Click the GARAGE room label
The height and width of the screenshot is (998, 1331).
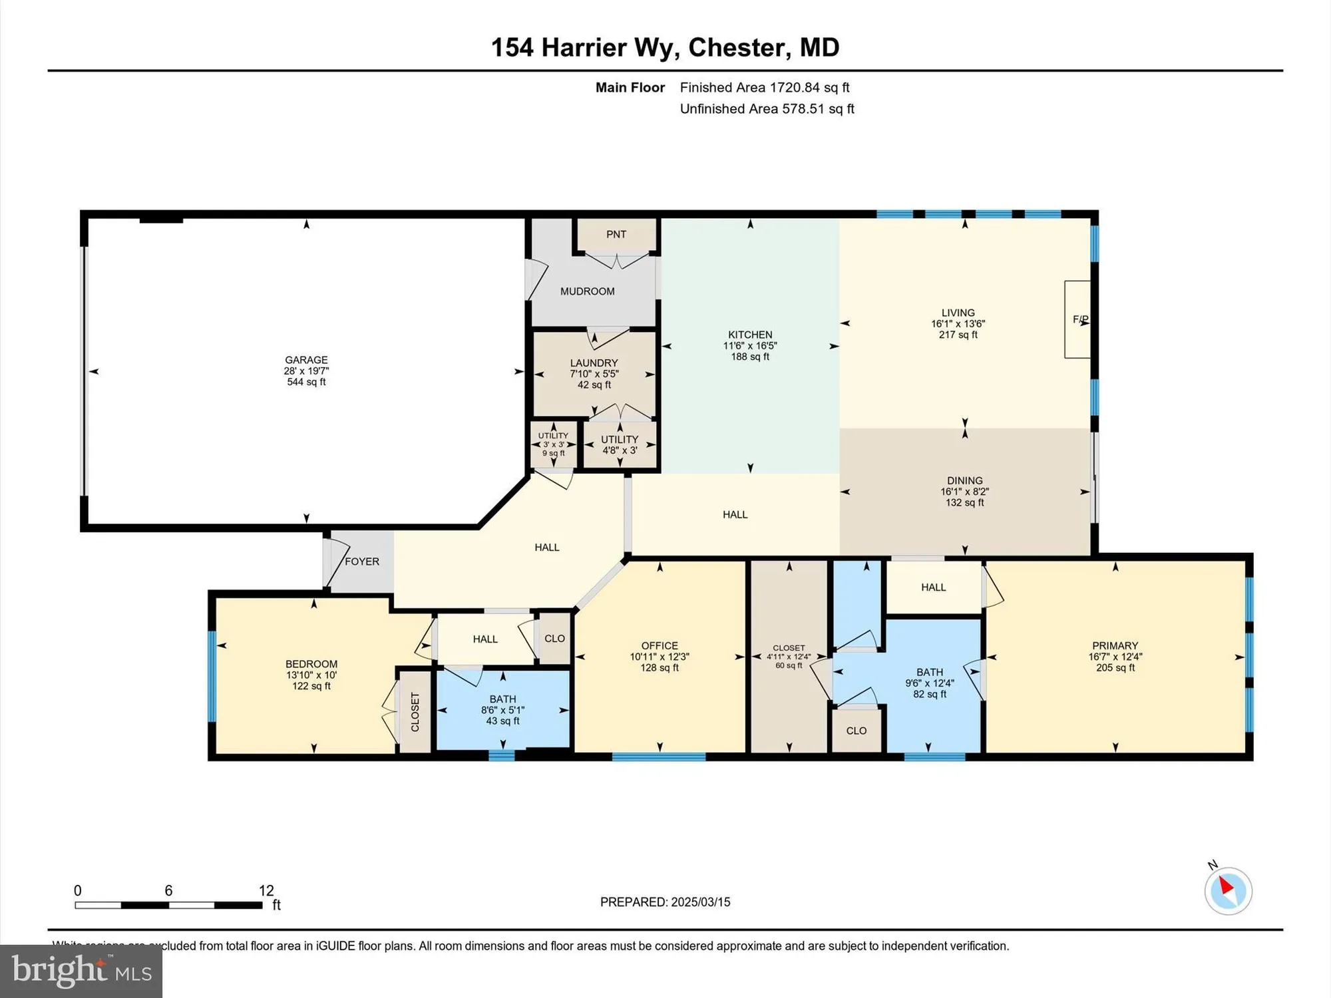pyautogui.click(x=306, y=360)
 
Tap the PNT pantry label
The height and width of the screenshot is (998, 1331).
pyautogui.click(x=616, y=234)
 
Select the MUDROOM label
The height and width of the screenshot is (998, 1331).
pyautogui.click(x=587, y=291)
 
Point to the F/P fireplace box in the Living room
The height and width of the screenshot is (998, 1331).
pyautogui.click(x=1078, y=319)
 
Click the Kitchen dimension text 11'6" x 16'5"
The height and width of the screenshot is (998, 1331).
pyautogui.click(x=750, y=346)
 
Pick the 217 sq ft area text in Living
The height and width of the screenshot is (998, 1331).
pyautogui.click(x=958, y=335)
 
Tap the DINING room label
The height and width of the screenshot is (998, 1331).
pyautogui.click(x=964, y=480)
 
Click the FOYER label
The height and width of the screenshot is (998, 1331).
pyautogui.click(x=362, y=562)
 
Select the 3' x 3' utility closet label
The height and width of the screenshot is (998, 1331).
pyautogui.click(x=553, y=444)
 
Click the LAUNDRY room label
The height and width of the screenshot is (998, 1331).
pyautogui.click(x=594, y=363)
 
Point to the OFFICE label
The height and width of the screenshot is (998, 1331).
pyautogui.click(x=660, y=645)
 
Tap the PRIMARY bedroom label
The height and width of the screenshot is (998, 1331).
pyautogui.click(x=1115, y=645)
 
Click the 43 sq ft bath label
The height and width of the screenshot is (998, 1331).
pyautogui.click(x=502, y=721)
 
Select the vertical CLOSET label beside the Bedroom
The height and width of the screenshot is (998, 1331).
pyautogui.click(x=415, y=712)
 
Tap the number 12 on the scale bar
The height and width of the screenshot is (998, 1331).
pyautogui.click(x=266, y=890)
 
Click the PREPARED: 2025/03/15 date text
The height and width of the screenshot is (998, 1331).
pyautogui.click(x=665, y=902)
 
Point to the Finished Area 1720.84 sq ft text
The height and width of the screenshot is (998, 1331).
pyautogui.click(x=764, y=87)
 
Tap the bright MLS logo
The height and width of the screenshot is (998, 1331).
pyautogui.click(x=81, y=971)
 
